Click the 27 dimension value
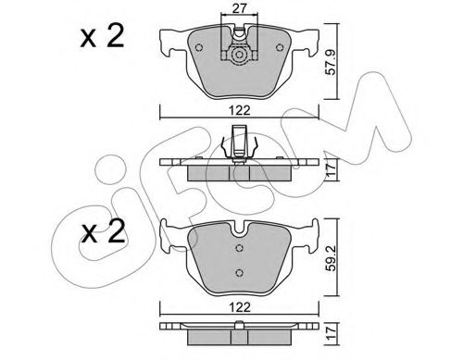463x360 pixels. tap(239, 8)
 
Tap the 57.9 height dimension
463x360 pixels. tap(331, 62)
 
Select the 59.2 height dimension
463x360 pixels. tap(331, 258)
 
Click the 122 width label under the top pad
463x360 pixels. tap(240, 110)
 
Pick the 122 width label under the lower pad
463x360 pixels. tap(240, 307)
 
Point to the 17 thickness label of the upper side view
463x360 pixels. tap(331, 170)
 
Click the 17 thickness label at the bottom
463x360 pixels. tap(331, 333)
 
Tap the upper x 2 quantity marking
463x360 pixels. tap(102, 36)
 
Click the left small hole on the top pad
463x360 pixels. tap(199, 47)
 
